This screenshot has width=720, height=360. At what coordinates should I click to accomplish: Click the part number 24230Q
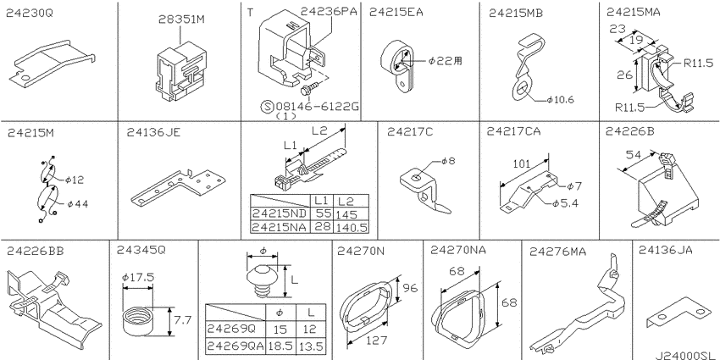pyautogui.click(x=30, y=14)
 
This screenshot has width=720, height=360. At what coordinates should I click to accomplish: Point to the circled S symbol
pyautogui.click(x=266, y=107)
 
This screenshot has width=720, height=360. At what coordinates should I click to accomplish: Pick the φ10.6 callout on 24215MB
pyautogui.click(x=560, y=100)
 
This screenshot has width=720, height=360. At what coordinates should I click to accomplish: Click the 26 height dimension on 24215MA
pyautogui.click(x=624, y=75)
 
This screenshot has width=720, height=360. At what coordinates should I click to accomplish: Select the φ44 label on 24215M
pyautogui.click(x=77, y=204)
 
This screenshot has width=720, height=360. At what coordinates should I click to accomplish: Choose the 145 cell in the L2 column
pyautogui.click(x=347, y=214)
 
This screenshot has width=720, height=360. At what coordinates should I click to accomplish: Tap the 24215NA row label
pyautogui.click(x=280, y=226)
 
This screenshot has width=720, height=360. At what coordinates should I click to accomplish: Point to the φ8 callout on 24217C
pyautogui.click(x=449, y=161)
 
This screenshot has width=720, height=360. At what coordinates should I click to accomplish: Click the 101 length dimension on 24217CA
pyautogui.click(x=522, y=163)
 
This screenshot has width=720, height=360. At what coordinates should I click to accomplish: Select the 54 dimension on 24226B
pyautogui.click(x=634, y=155)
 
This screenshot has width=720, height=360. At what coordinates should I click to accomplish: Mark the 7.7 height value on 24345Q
pyautogui.click(x=183, y=320)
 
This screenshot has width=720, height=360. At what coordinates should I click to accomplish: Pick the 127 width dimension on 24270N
pyautogui.click(x=377, y=341)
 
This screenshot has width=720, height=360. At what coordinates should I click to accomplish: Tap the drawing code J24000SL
pyautogui.click(x=685, y=355)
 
